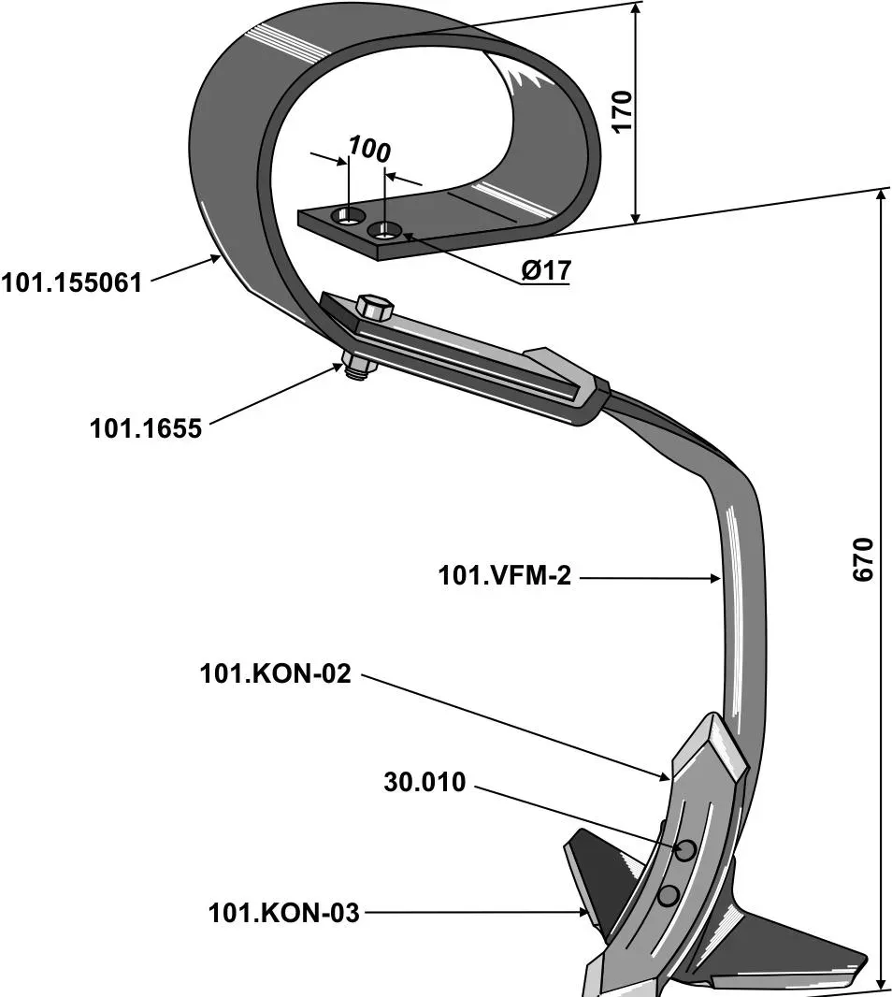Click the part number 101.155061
coord(72,282)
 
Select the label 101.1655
coord(145,428)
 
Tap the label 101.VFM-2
coord(504,576)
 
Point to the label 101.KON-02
coord(275,673)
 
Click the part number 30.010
coord(424,783)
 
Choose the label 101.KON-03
coord(284,913)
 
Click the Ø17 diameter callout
coord(545,271)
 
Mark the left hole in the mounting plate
coord(350,217)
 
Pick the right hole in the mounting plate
coord(385,230)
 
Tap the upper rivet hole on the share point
coord(685,849)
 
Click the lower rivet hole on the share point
coord(668,895)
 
